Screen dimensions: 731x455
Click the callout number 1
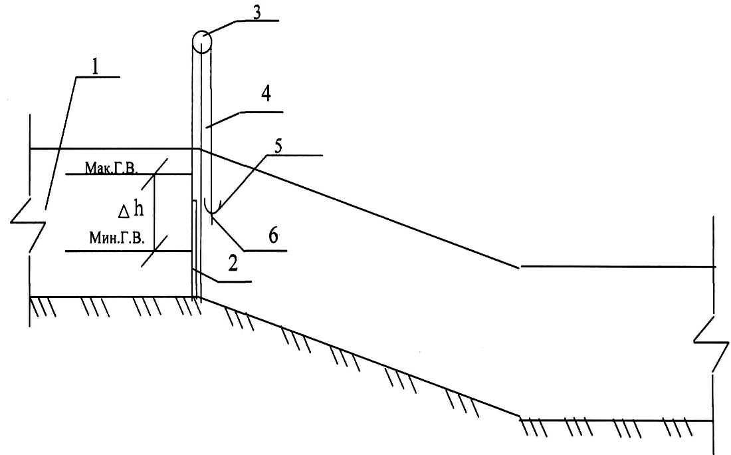95,67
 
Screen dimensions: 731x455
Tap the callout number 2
233,264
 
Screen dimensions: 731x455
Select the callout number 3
257,12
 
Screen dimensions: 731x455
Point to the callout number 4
266,94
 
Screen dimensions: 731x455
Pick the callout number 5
278,146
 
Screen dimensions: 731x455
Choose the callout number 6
273,235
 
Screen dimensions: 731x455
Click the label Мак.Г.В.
112,168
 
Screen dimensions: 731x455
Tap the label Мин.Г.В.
117,238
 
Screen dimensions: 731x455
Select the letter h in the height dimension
138,209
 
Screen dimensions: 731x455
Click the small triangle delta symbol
124,213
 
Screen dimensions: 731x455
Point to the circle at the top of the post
201,41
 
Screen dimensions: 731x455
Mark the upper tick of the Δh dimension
154,174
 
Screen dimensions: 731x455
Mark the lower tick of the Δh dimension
154,251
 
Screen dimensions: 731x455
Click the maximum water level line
129,174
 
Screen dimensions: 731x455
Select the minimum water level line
129,251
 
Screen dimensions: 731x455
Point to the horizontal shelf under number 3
258,21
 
